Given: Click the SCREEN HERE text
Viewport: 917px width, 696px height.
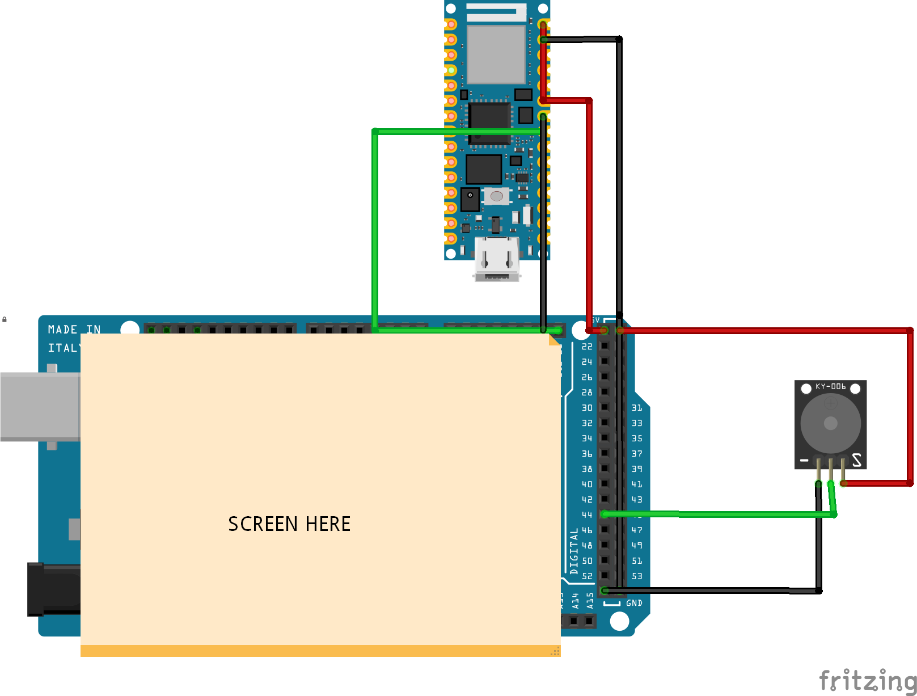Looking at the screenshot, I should coord(289,524).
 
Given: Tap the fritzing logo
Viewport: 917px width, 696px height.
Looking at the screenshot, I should coord(867,680).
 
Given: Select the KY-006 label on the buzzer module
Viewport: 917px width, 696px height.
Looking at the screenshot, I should coord(830,387).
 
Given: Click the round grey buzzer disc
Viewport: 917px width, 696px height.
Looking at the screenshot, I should coord(830,423).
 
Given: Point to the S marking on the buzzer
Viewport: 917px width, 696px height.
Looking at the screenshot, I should coord(856,460).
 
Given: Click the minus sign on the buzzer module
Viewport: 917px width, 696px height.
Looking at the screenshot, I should coord(804,461).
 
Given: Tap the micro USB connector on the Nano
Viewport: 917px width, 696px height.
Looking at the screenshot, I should coord(497,260).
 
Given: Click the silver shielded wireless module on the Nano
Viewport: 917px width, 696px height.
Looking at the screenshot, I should coord(496,54).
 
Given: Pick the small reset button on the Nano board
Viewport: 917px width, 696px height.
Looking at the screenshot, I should coord(496,196).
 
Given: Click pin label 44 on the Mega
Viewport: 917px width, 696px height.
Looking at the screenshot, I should coord(587,515).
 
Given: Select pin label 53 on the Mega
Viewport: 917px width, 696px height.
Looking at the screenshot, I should coord(637,576).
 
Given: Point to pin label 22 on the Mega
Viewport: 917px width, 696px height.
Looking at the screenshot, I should coord(587,347).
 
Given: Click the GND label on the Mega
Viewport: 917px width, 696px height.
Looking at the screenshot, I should coord(634,603).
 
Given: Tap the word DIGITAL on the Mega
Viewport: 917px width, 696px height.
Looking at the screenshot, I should coord(574,551).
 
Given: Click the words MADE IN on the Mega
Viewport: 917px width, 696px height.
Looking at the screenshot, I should coord(74,330).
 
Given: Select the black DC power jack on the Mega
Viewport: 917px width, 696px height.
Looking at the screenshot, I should coord(54,589).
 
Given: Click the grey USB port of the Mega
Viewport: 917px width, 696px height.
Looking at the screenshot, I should coord(40,406).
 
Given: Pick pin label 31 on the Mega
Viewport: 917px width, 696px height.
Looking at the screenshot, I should coord(637,408).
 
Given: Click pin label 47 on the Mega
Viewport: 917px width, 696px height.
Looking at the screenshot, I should coord(637,530).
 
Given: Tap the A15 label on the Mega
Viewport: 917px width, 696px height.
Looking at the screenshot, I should coord(590,601).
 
